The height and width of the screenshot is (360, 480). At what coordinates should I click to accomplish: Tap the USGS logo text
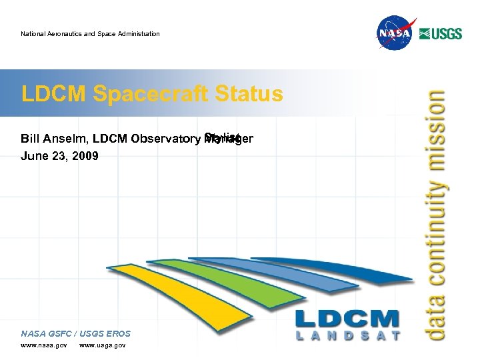[x=441, y=33]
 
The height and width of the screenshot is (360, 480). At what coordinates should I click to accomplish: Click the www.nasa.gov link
[x=44, y=345]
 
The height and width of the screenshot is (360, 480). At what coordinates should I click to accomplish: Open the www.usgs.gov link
[x=102, y=345]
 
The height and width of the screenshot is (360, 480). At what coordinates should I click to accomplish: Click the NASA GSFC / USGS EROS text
[x=75, y=333]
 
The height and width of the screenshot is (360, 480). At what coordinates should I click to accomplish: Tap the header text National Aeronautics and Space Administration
[x=90, y=34]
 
